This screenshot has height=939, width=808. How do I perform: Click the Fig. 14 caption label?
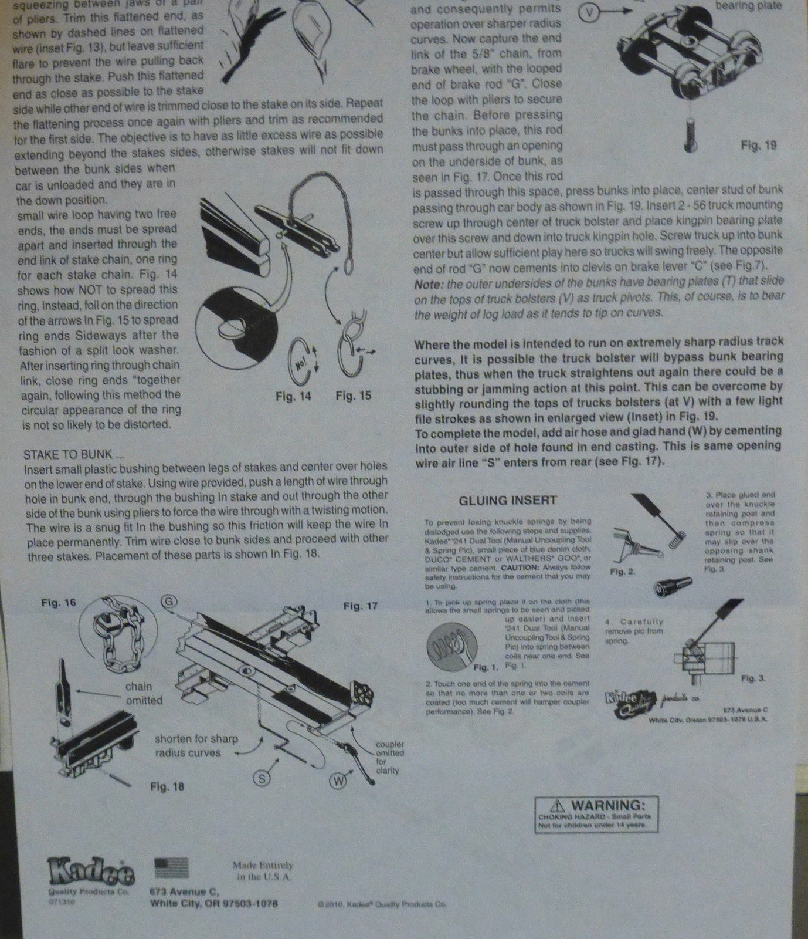(293, 396)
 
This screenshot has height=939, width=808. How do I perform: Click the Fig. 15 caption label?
(353, 396)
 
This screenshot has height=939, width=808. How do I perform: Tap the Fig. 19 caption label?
(759, 145)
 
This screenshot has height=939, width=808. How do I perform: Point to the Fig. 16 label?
(59, 603)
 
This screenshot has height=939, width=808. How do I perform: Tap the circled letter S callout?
(261, 778)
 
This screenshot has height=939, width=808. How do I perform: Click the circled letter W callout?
(339, 781)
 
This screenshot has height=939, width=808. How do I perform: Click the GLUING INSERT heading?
(508, 500)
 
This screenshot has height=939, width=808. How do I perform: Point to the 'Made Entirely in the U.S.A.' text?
(262, 871)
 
